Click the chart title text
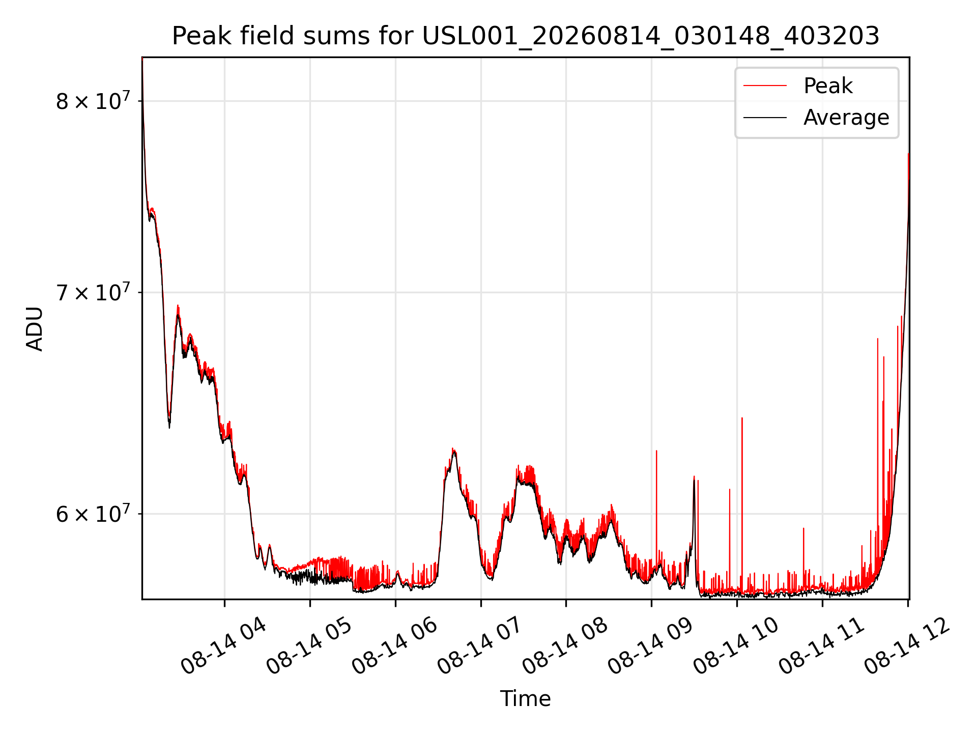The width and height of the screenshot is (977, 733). point(526,36)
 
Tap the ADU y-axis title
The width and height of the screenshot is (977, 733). point(35,328)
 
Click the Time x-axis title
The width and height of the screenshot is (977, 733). point(525,699)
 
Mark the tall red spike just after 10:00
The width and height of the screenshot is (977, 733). point(742,504)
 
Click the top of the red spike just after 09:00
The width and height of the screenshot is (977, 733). point(656,450)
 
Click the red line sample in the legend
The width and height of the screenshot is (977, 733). point(765,86)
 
